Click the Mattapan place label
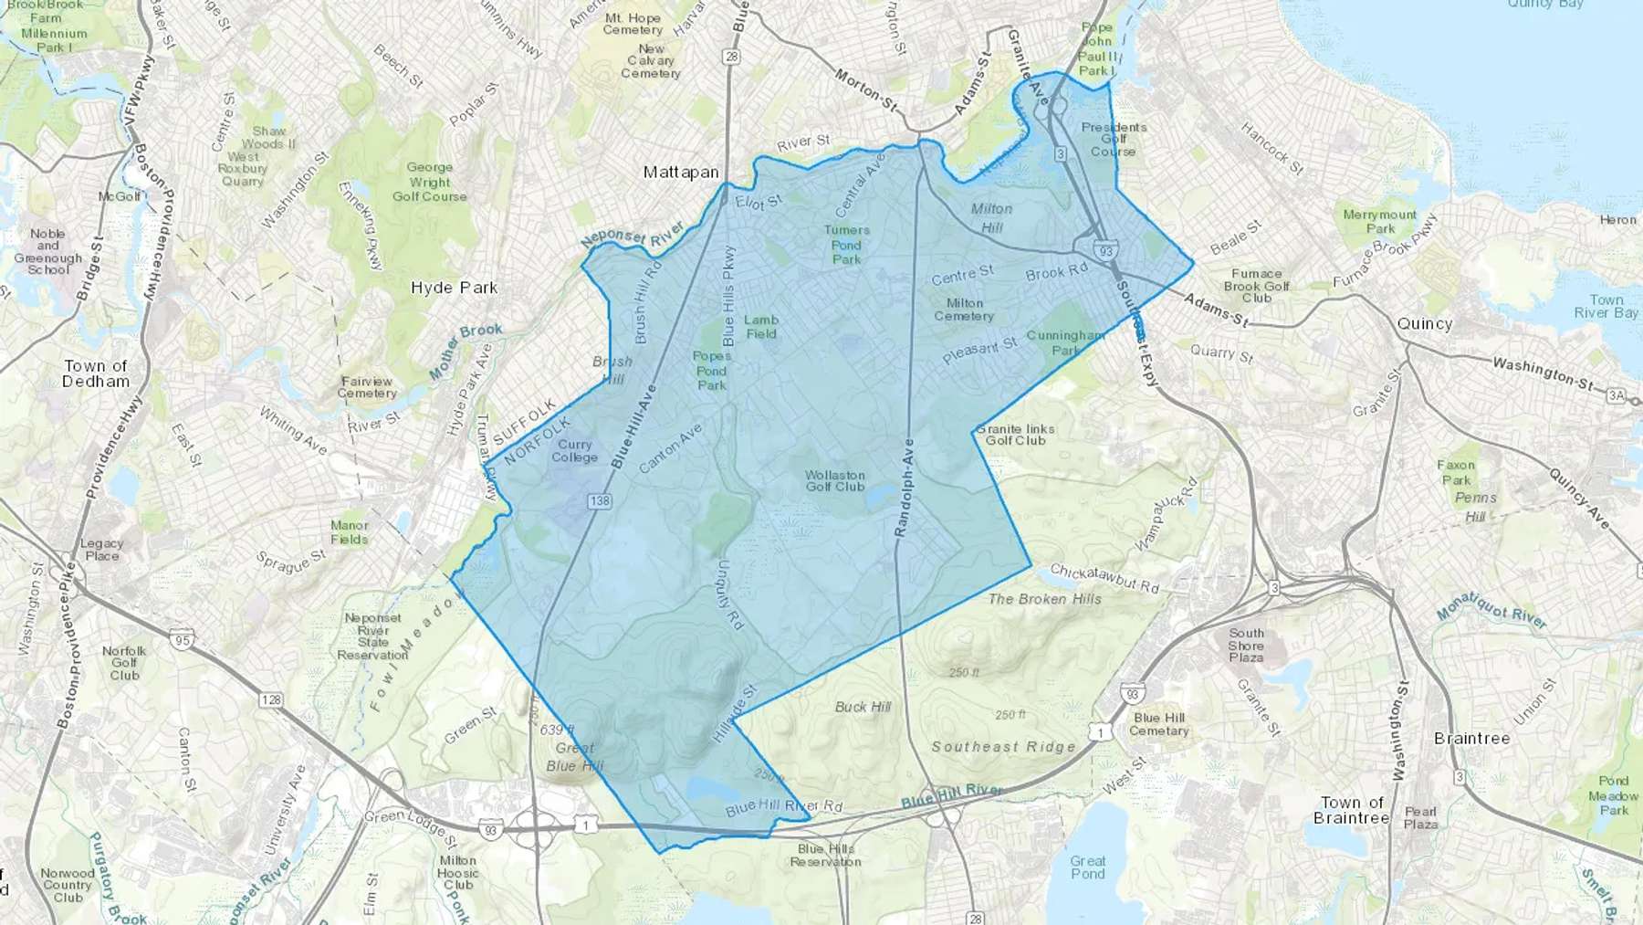(x=681, y=172)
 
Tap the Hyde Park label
(x=454, y=288)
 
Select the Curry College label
(x=574, y=451)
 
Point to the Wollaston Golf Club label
(x=834, y=480)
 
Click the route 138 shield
(x=600, y=501)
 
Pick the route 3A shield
(x=1616, y=395)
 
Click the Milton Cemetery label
(x=964, y=310)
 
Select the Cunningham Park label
(x=1065, y=342)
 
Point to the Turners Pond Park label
(x=846, y=245)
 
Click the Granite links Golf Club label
(x=1015, y=435)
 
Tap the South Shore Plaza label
(x=1246, y=645)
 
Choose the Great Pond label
(x=1087, y=867)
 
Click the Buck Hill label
(x=863, y=707)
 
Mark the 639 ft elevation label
(x=557, y=730)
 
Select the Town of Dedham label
(x=96, y=373)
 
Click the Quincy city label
(x=1424, y=324)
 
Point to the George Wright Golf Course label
(x=429, y=182)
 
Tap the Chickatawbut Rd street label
(x=1104, y=578)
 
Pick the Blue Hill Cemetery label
(x=1159, y=724)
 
